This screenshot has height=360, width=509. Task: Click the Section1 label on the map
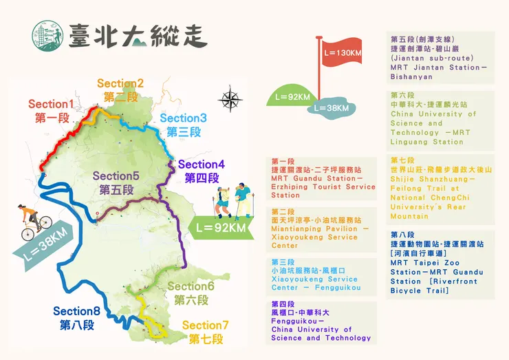tap(52, 105)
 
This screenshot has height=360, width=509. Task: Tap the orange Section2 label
tap(120, 84)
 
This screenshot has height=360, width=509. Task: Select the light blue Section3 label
tap(183, 118)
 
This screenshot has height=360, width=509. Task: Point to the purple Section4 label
tap(202, 165)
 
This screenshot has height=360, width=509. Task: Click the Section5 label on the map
tap(116, 176)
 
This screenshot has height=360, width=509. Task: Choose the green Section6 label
tap(191, 286)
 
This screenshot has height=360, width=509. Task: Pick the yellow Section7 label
tap(206, 325)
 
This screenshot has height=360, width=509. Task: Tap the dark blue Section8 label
tap(77, 312)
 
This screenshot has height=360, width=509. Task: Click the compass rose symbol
tap(230, 100)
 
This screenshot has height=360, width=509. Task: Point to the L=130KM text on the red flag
tap(342, 53)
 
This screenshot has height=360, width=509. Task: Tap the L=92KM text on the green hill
tap(288, 97)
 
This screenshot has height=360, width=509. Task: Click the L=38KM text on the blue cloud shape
tap(332, 108)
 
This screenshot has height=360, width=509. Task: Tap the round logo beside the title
tap(47, 34)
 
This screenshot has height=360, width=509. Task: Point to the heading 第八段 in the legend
tap(402, 234)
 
